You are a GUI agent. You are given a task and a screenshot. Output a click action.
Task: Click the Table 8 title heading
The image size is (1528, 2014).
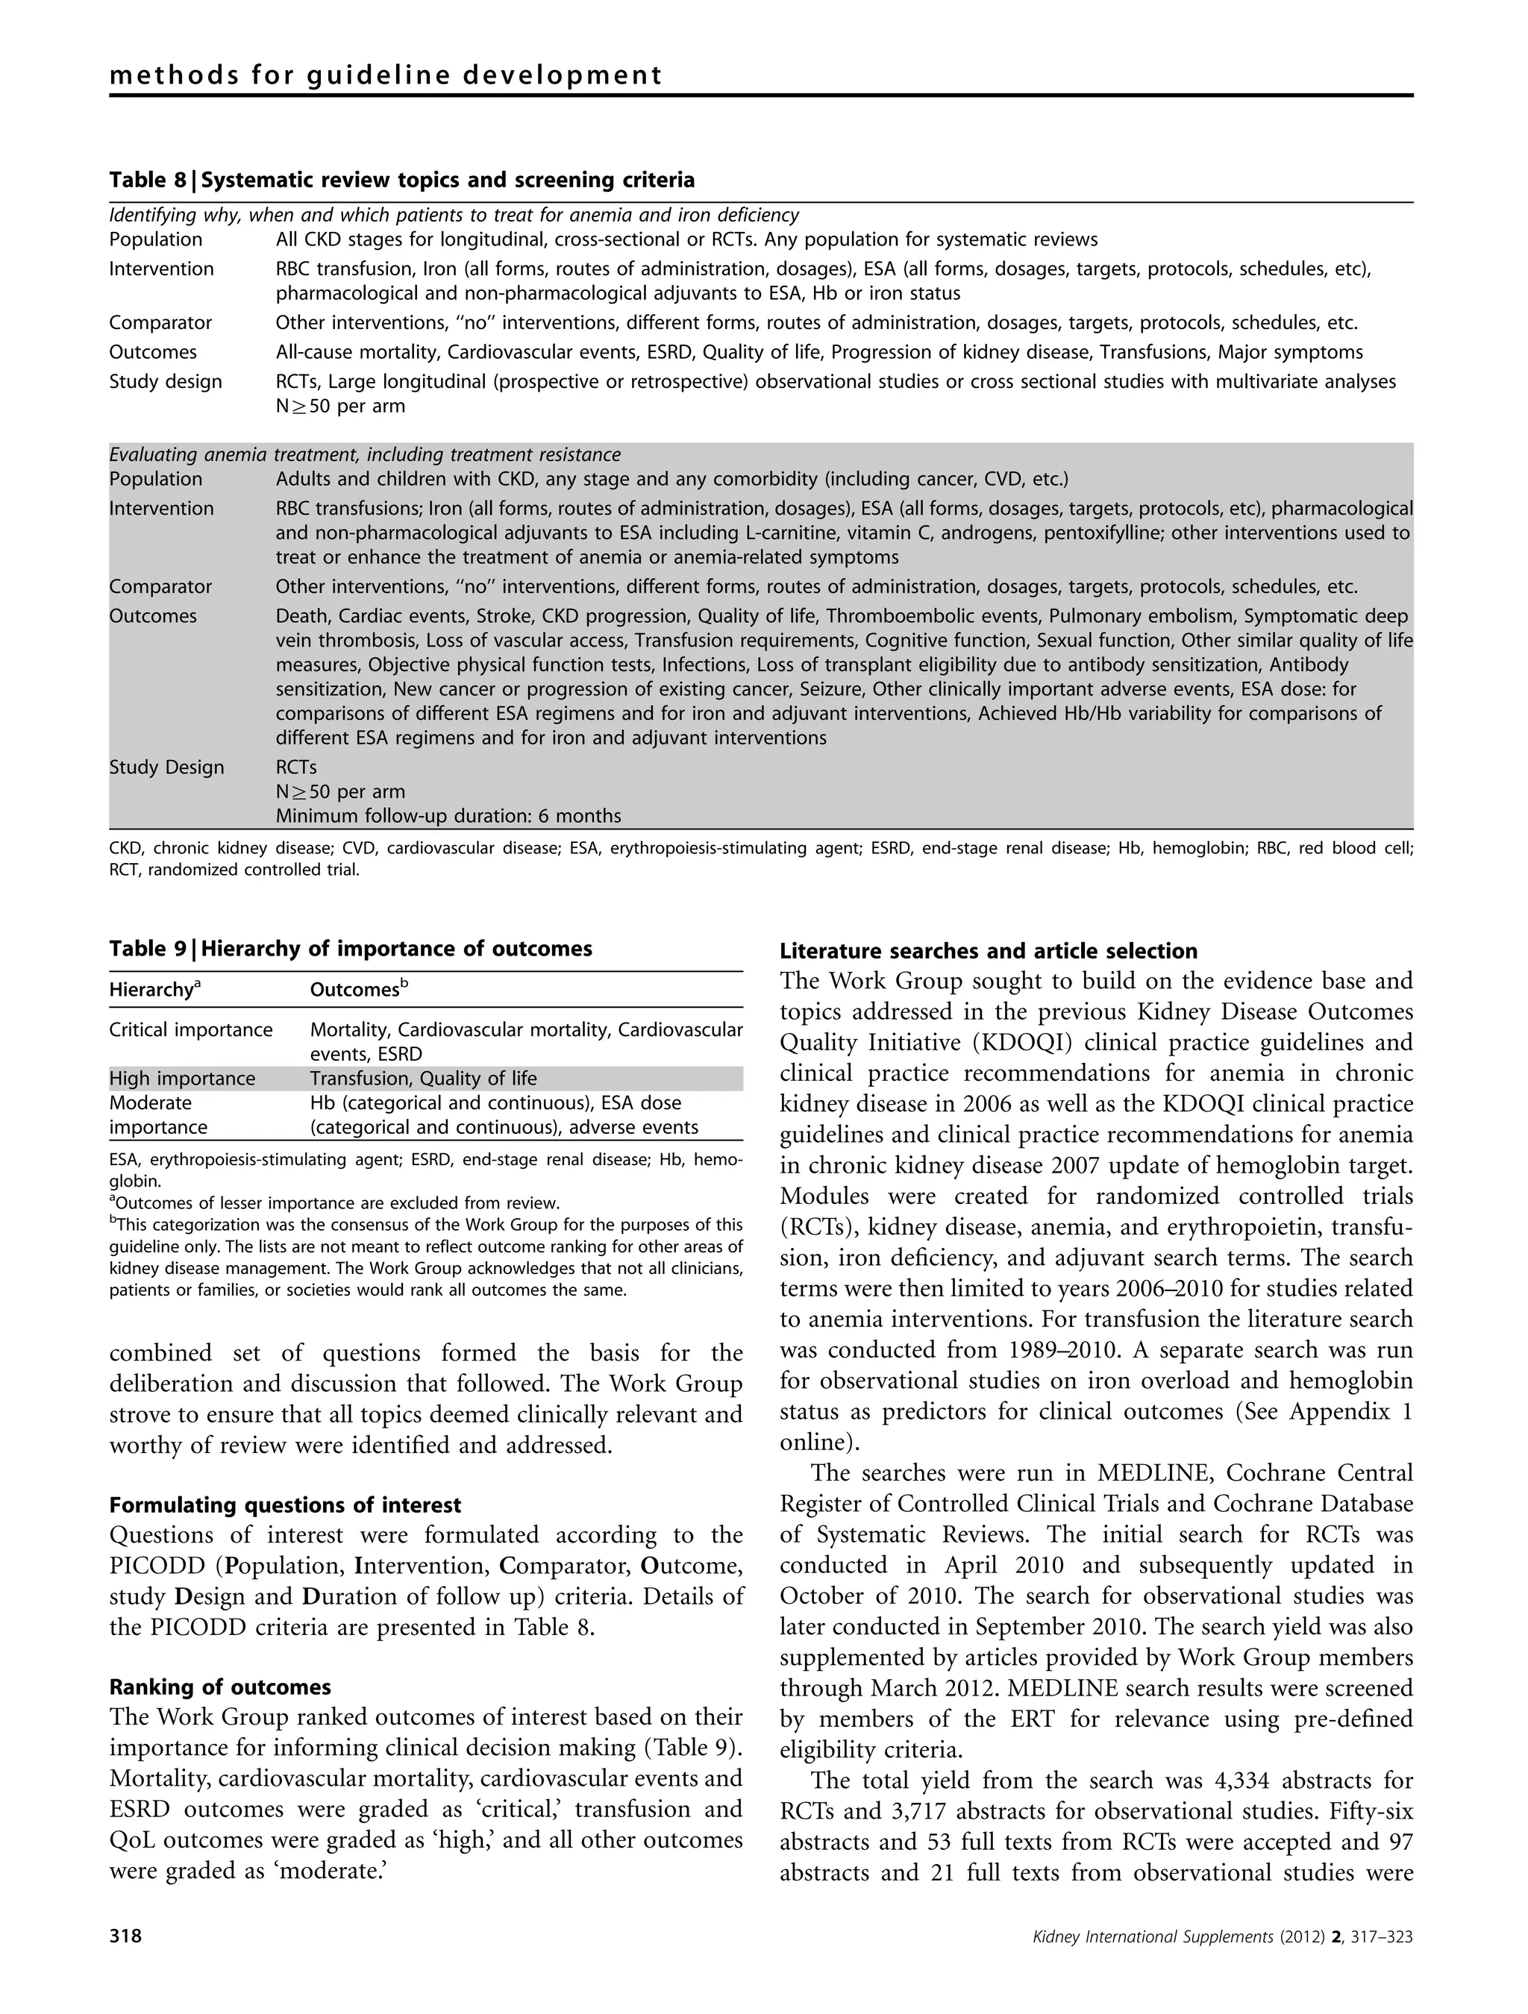pyautogui.click(x=401, y=181)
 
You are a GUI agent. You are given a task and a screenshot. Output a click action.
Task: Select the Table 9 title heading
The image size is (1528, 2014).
pyautogui.click(x=351, y=949)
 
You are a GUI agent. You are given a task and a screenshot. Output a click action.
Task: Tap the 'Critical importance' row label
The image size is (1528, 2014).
pyautogui.click(x=190, y=1030)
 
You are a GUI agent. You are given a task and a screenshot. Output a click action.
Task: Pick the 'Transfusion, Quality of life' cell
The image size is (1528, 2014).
pyautogui.click(x=424, y=1079)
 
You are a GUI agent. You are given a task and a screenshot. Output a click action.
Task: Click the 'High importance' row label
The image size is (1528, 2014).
pyautogui.click(x=182, y=1079)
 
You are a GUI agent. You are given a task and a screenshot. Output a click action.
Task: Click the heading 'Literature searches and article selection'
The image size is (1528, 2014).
pyautogui.click(x=988, y=952)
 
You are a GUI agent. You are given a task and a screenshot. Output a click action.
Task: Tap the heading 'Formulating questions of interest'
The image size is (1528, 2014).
pyautogui.click(x=285, y=1505)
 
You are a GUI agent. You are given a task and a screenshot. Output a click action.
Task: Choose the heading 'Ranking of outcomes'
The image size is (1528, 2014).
pyautogui.click(x=219, y=1687)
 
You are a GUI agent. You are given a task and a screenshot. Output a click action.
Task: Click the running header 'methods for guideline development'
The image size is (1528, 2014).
pyautogui.click(x=385, y=75)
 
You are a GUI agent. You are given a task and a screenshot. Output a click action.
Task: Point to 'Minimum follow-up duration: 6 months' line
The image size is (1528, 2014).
pyautogui.click(x=448, y=816)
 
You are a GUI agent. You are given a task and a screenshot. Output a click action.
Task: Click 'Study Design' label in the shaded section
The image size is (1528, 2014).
pyautogui.click(x=166, y=767)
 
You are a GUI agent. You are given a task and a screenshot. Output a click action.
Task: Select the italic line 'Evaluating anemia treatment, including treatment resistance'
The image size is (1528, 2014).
pyautogui.click(x=364, y=454)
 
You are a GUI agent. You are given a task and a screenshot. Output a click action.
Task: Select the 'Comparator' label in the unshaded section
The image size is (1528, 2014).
pyautogui.click(x=160, y=322)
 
